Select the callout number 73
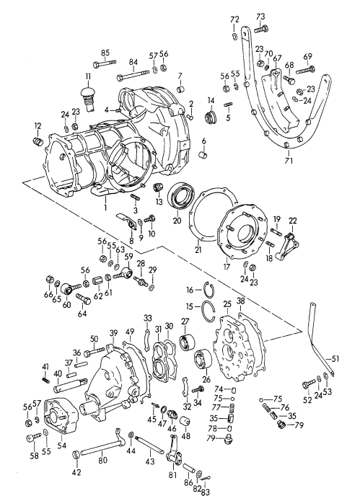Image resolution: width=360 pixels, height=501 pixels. [260, 16]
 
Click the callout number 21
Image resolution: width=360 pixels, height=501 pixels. [197, 250]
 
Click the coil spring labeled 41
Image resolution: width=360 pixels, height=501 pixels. [45, 375]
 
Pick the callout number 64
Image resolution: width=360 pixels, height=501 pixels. [81, 314]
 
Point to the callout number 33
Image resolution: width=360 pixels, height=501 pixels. [147, 317]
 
